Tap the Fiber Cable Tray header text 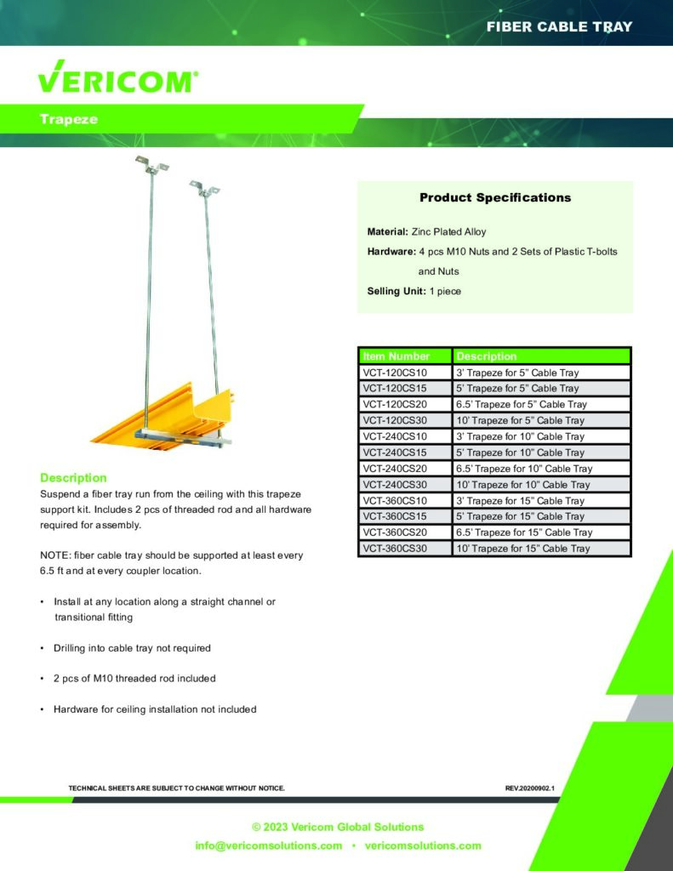(559, 26)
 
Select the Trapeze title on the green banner (68, 119)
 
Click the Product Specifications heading (495, 197)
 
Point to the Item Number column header (396, 356)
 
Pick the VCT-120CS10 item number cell (395, 373)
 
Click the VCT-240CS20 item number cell (395, 469)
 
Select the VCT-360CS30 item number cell (395, 549)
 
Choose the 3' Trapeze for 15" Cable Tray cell (521, 501)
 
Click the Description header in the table (487, 356)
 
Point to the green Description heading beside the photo (73, 478)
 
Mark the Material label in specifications (387, 231)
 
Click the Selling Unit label (394, 292)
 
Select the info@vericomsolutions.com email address (269, 845)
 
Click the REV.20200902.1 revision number (529, 788)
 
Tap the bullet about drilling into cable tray (132, 648)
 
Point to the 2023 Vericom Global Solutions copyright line (338, 827)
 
